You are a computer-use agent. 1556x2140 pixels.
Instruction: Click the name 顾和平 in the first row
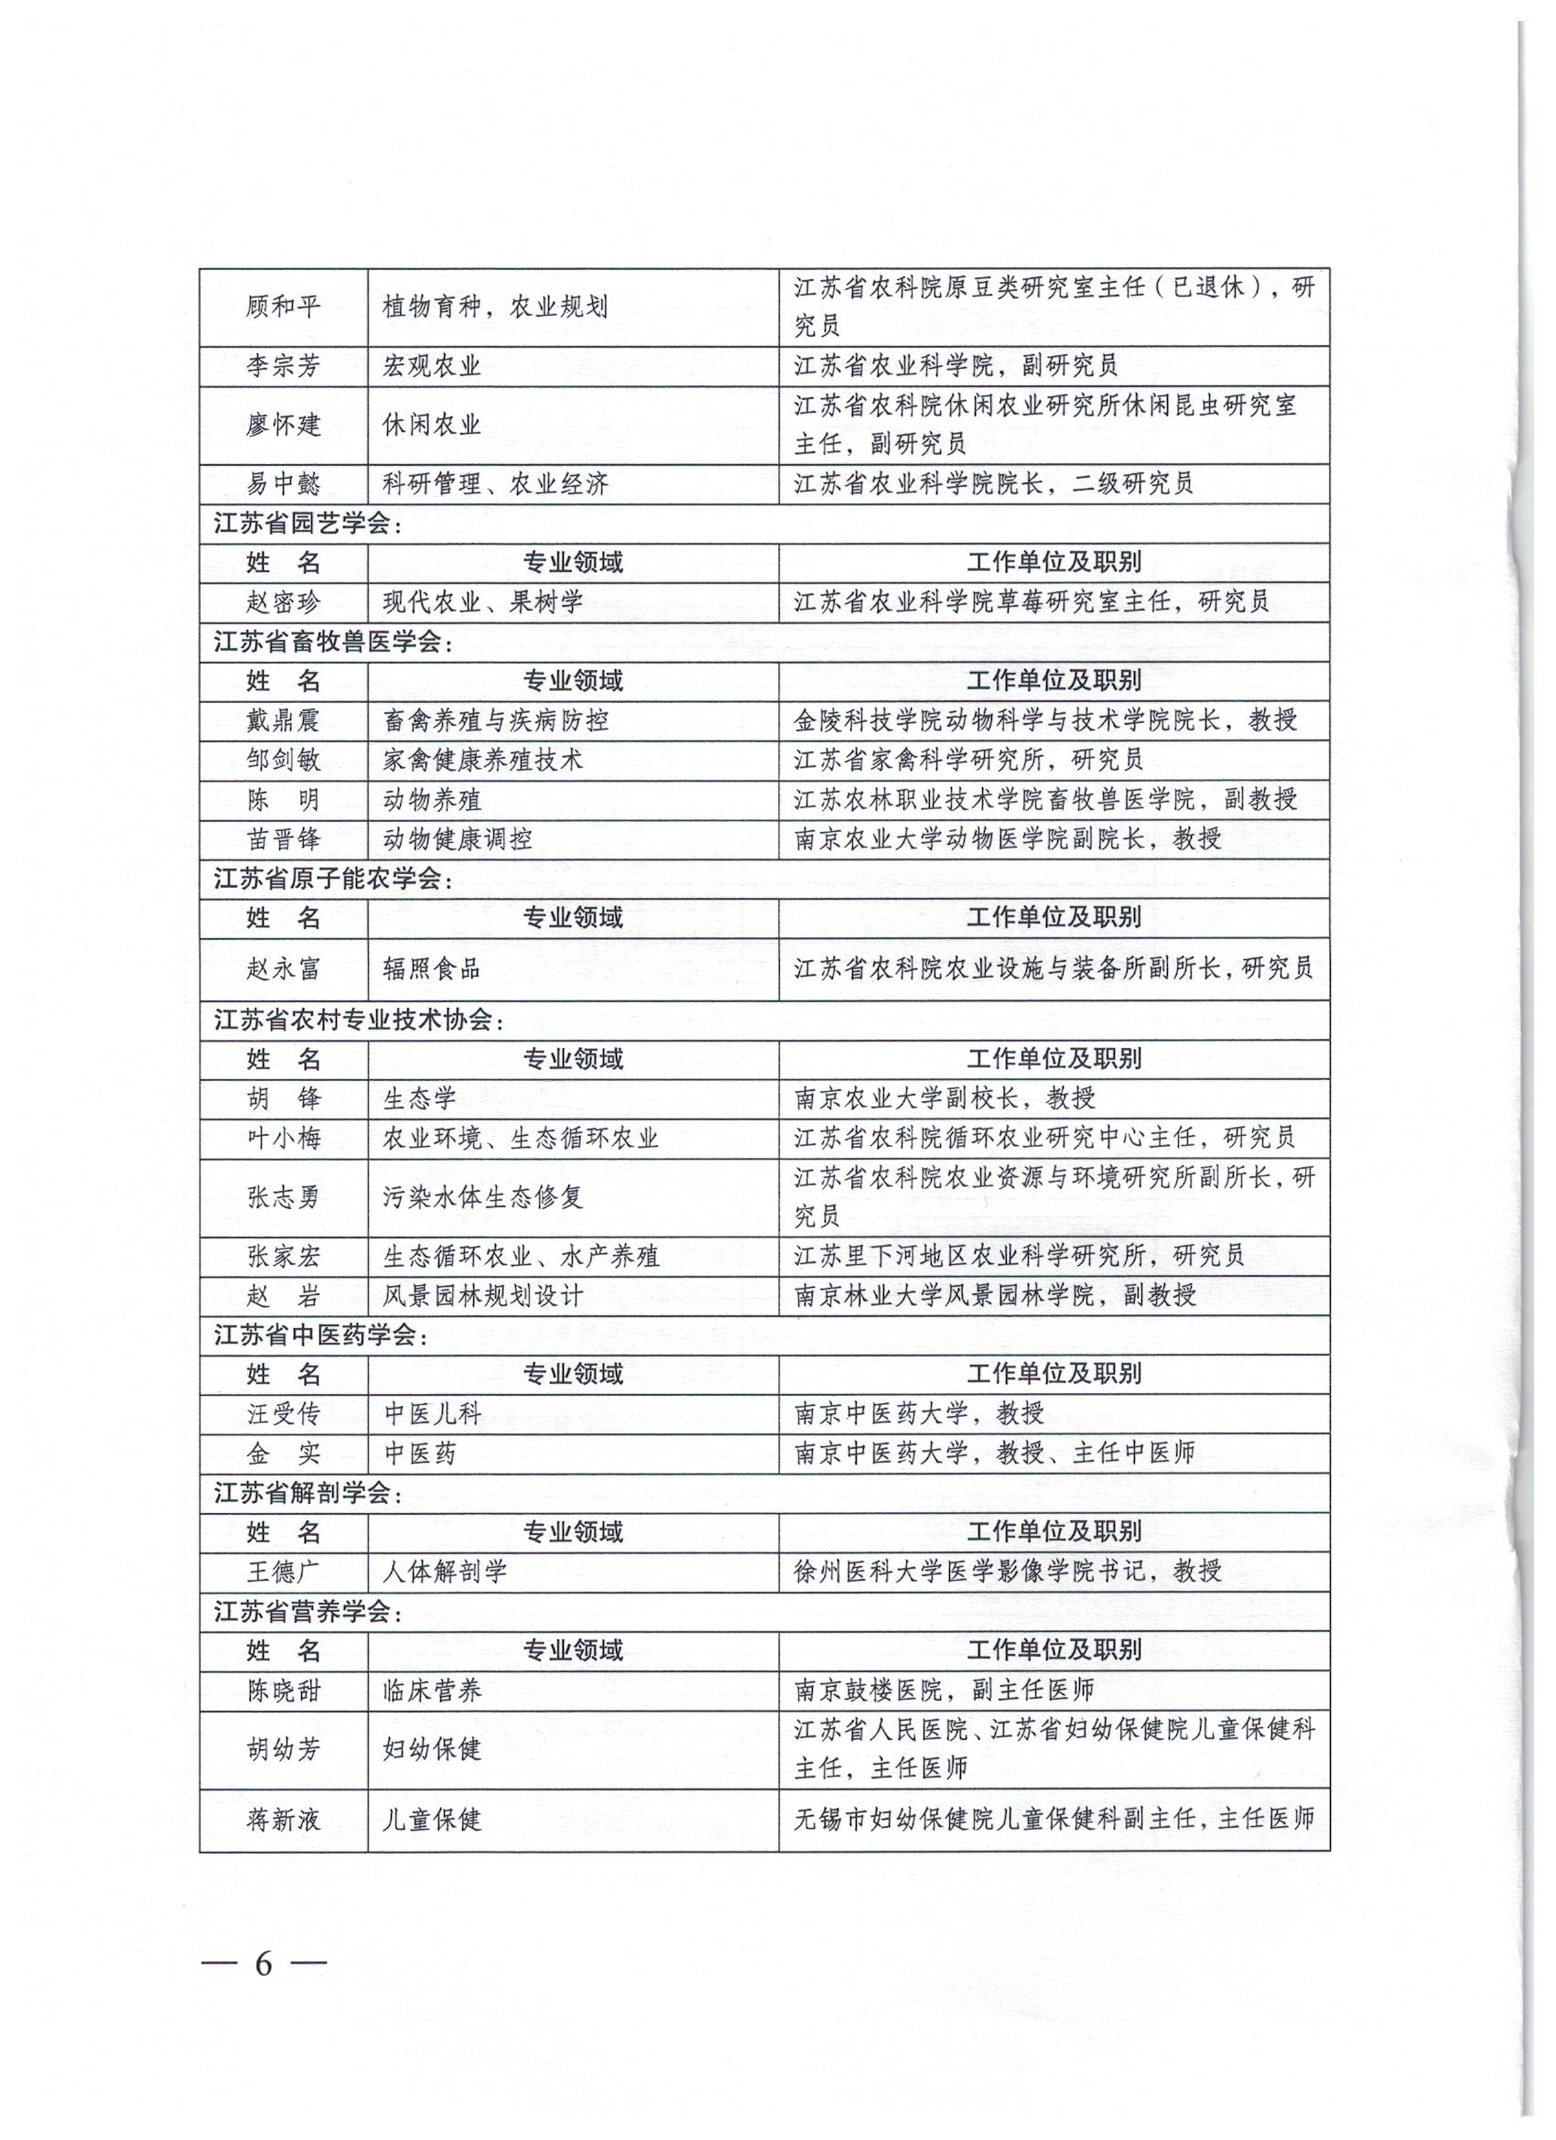click(283, 307)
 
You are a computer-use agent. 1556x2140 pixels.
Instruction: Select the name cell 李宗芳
click(283, 366)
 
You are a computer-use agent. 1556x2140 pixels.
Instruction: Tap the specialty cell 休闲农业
click(431, 425)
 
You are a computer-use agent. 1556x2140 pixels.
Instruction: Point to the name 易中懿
click(283, 484)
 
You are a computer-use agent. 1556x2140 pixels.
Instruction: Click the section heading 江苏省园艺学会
click(308, 524)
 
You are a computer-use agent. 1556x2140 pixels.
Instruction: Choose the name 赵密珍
click(283, 602)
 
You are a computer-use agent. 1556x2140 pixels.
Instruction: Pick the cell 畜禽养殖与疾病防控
click(495, 721)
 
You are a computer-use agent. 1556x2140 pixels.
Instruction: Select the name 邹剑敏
click(283, 761)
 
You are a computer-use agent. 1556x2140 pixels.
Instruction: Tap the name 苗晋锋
click(283, 838)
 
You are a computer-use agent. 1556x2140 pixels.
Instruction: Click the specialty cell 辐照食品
click(431, 968)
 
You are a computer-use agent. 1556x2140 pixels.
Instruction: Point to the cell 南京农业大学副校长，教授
click(945, 1098)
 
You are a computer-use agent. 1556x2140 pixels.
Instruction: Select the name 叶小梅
click(283, 1138)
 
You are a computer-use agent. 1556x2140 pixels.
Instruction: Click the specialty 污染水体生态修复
click(483, 1197)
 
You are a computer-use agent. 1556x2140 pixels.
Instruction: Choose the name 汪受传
click(283, 1413)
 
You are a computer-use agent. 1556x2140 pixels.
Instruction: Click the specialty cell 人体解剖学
click(445, 1571)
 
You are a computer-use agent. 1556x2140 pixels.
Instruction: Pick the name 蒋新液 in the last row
click(283, 1821)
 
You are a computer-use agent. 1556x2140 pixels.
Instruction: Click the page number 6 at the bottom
click(264, 1963)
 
